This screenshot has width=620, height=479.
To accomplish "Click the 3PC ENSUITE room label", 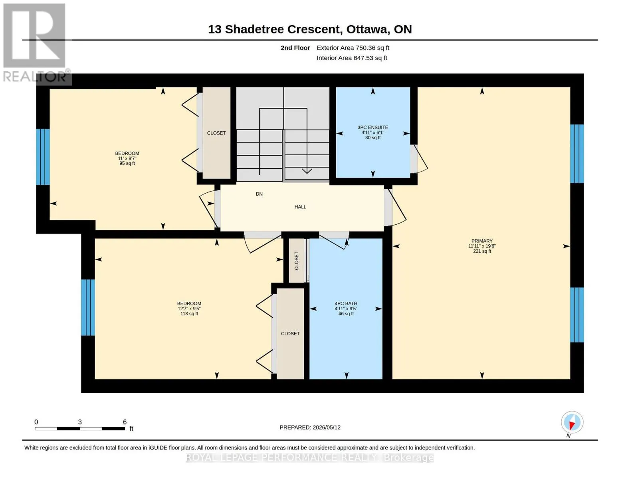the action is click(372, 127).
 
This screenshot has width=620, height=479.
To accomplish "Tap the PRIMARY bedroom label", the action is click(482, 241).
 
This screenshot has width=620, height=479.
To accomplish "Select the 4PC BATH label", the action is click(346, 303).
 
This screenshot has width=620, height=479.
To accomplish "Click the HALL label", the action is click(300, 207).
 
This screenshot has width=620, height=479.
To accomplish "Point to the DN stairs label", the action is click(259, 194).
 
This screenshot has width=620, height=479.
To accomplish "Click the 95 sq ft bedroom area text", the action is click(127, 164).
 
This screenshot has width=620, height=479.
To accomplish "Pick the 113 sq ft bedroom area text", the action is click(189, 314).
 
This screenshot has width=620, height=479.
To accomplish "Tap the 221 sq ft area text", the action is click(482, 251).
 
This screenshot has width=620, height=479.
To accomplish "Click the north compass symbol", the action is click(572, 422).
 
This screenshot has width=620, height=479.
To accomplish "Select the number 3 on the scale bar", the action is click(80, 422).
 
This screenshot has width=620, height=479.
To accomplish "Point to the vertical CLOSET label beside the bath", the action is click(297, 261).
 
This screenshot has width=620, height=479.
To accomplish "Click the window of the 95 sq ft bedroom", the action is click(43, 157).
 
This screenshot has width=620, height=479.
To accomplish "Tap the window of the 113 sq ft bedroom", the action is click(88, 307).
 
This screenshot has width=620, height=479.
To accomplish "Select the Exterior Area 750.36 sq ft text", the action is click(353, 48).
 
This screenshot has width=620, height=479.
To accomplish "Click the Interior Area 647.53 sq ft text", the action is click(352, 58).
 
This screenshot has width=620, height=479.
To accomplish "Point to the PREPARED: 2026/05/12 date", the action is click(310, 428).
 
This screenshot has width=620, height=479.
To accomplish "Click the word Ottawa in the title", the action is click(368, 30).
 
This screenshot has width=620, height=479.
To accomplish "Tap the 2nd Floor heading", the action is click(295, 48).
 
